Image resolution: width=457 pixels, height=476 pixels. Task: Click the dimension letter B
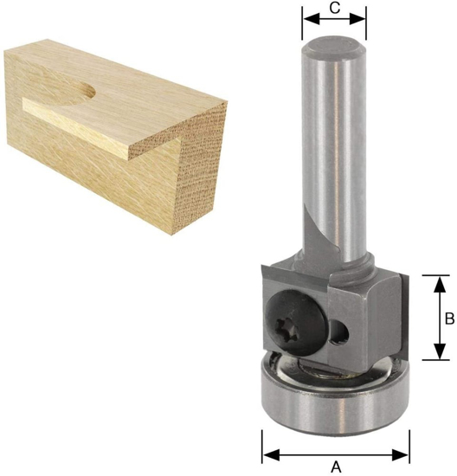pyautogui.click(x=449, y=318)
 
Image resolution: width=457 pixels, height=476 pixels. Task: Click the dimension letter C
pyautogui.click(x=334, y=9)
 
